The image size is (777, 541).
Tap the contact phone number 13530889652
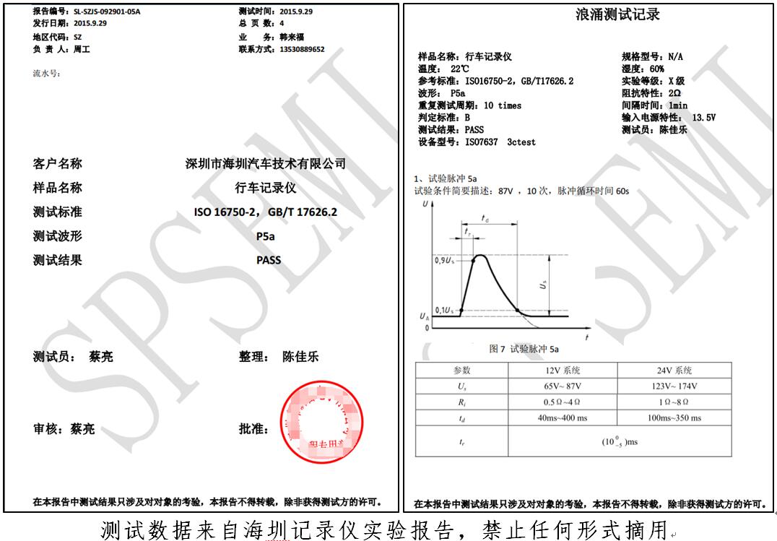tap(301, 49)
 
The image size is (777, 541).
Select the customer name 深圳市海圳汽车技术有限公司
tap(265, 163)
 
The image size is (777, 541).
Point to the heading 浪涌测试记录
tap(617, 15)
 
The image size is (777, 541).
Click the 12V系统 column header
tap(562, 370)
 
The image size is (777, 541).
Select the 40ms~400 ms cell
tap(562, 417)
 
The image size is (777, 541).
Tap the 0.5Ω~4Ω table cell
tap(562, 402)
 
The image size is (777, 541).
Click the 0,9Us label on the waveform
tap(443, 259)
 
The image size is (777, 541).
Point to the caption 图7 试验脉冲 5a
tap(524, 349)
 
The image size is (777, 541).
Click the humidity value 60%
tap(656, 69)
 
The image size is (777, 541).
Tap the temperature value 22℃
tap(460, 69)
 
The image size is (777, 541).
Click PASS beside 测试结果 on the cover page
tap(268, 260)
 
